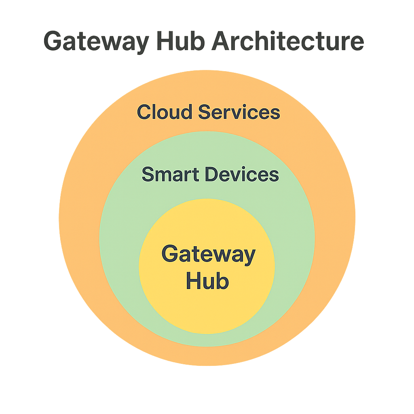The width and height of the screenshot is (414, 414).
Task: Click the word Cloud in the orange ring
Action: point(165,112)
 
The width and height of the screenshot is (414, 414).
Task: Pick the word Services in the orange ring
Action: point(239,112)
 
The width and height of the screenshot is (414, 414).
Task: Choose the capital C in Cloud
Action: point(144,112)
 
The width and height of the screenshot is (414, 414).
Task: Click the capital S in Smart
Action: point(148,175)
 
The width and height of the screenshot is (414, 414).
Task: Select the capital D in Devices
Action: point(211,175)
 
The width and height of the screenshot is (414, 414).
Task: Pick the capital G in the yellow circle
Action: point(170,254)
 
